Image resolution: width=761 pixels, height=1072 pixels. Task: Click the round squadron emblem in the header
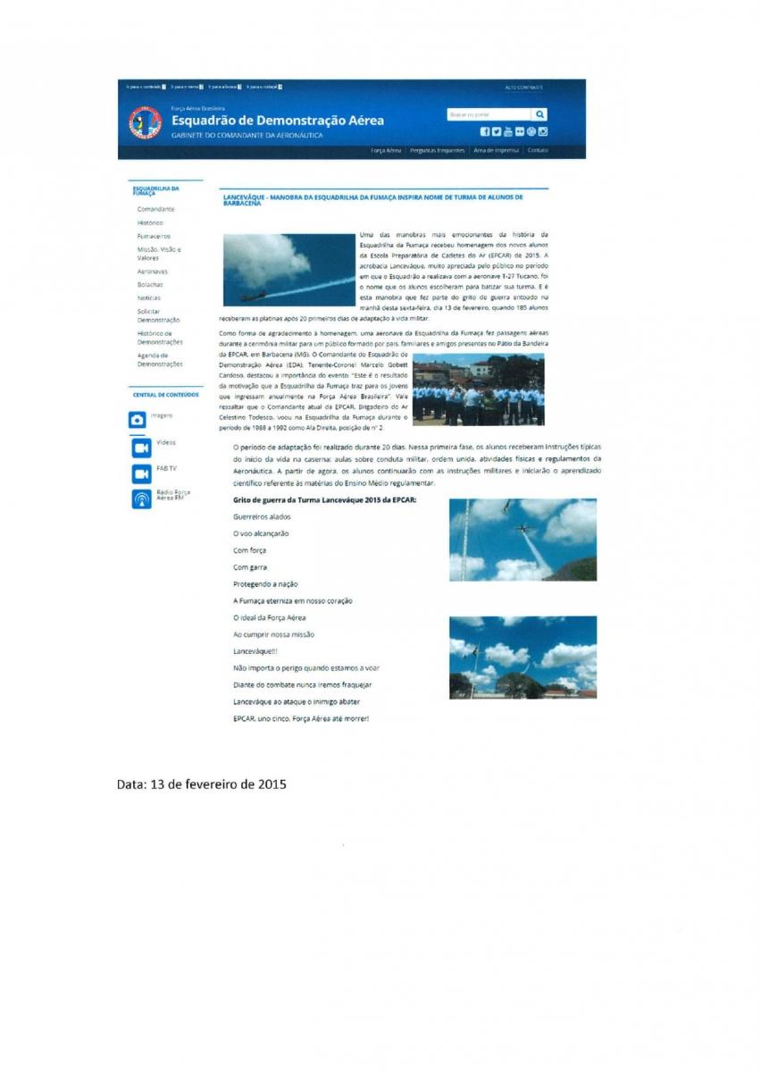pyautogui.click(x=145, y=122)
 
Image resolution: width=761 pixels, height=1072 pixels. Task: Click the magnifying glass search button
pyautogui.click(x=539, y=114)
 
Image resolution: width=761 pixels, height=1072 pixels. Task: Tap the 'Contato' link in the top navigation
pyautogui.click(x=538, y=150)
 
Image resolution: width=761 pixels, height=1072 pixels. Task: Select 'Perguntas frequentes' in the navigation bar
pyautogui.click(x=437, y=150)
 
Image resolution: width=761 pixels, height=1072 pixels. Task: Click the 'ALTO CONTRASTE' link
pyautogui.click(x=523, y=88)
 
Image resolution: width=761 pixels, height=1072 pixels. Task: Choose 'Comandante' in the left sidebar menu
pyautogui.click(x=155, y=208)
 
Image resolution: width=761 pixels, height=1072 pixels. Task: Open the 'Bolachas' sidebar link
pyautogui.click(x=150, y=284)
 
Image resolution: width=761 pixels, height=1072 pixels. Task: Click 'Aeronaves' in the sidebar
pyautogui.click(x=153, y=271)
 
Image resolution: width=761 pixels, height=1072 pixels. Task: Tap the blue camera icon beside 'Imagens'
pyautogui.click(x=138, y=419)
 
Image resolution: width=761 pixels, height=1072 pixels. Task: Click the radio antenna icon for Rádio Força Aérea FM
pyautogui.click(x=141, y=498)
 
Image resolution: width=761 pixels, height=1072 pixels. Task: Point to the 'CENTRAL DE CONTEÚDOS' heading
pyautogui.click(x=165, y=394)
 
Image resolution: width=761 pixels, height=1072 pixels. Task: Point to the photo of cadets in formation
pyautogui.click(x=478, y=389)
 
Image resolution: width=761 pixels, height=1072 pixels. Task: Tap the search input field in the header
pyautogui.click(x=489, y=114)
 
